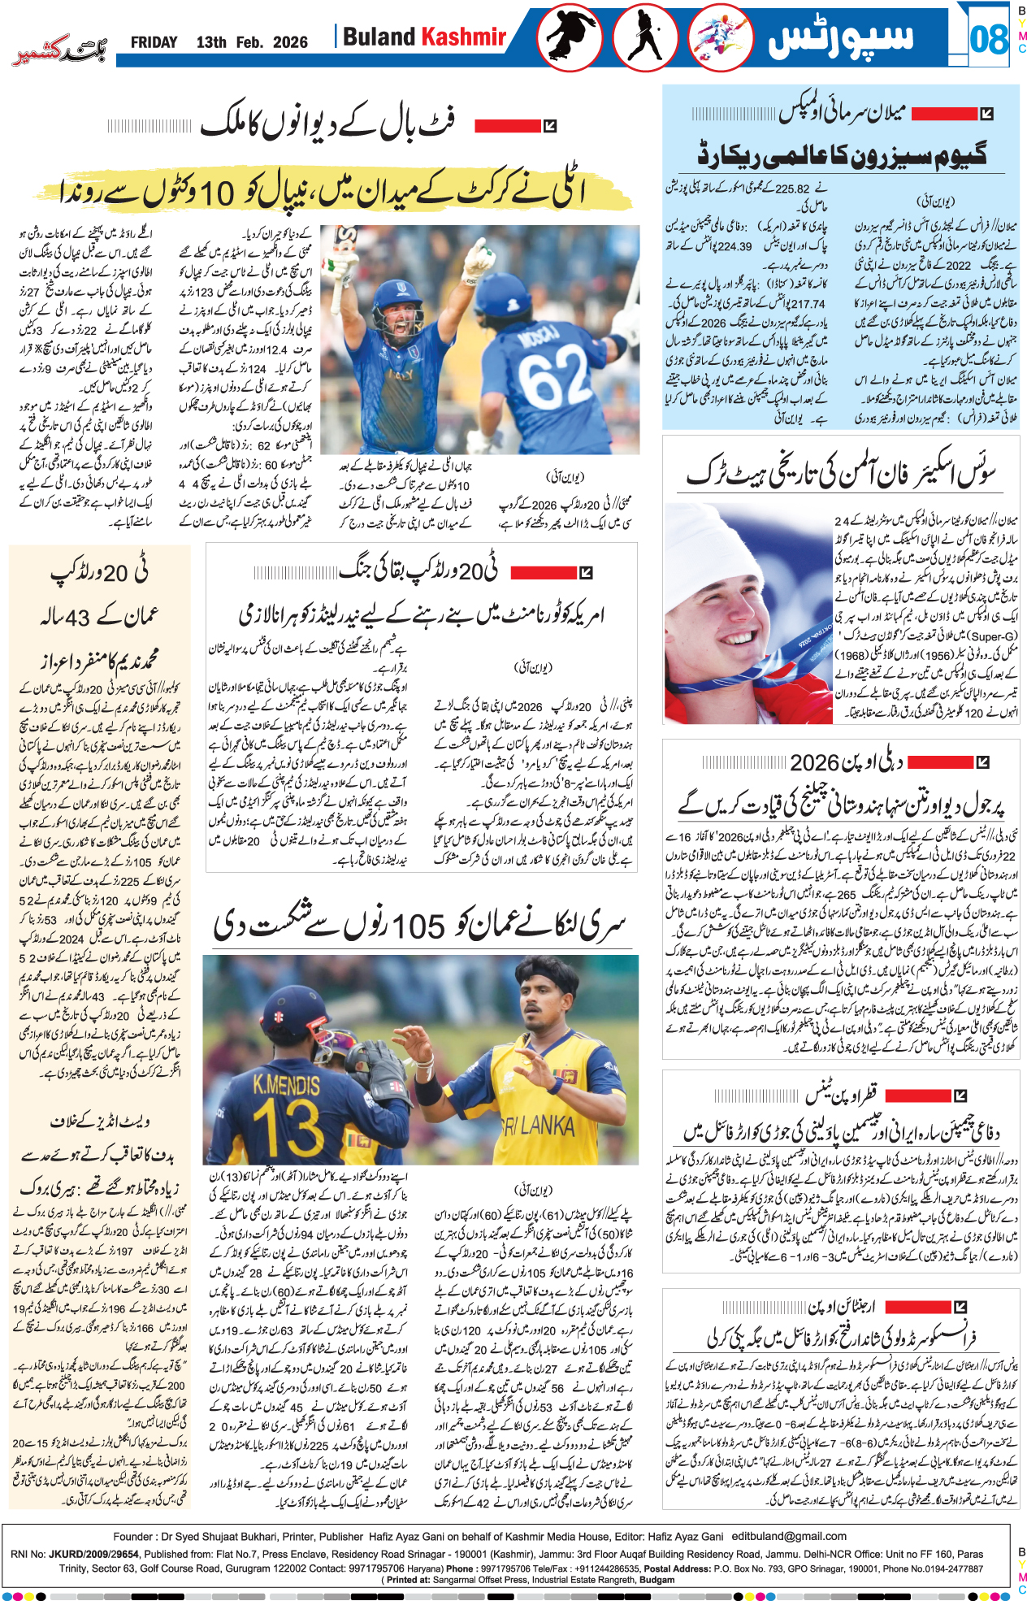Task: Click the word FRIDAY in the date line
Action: pyautogui.click(x=154, y=42)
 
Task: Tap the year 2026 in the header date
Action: pyautogui.click(x=290, y=42)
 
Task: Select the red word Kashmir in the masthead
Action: pyautogui.click(x=463, y=37)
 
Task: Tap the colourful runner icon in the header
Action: pyautogui.click(x=720, y=37)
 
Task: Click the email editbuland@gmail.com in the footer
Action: pyautogui.click(x=789, y=1536)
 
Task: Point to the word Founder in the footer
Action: pyautogui.click(x=132, y=1536)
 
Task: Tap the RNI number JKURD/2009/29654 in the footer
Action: pyautogui.click(x=93, y=1553)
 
